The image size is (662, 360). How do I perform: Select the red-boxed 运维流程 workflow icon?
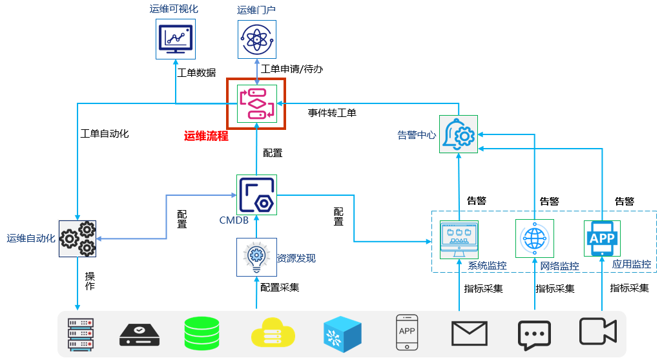(x=256, y=103)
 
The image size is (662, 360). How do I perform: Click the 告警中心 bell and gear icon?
(x=458, y=134)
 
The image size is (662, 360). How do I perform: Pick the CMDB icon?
(x=256, y=195)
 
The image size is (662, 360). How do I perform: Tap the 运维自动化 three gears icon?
(x=78, y=238)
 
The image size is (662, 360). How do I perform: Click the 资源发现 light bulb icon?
(x=256, y=257)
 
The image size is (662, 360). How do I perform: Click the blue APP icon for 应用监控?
(x=602, y=238)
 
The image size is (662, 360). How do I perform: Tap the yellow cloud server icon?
(x=273, y=334)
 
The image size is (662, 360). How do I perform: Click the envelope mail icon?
(x=468, y=334)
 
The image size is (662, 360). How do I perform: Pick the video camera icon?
(x=598, y=332)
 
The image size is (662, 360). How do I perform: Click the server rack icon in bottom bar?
(x=81, y=334)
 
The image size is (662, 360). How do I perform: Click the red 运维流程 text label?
(x=206, y=136)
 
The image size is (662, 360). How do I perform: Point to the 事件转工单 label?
(x=332, y=113)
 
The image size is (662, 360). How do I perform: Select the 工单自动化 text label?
(x=105, y=134)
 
